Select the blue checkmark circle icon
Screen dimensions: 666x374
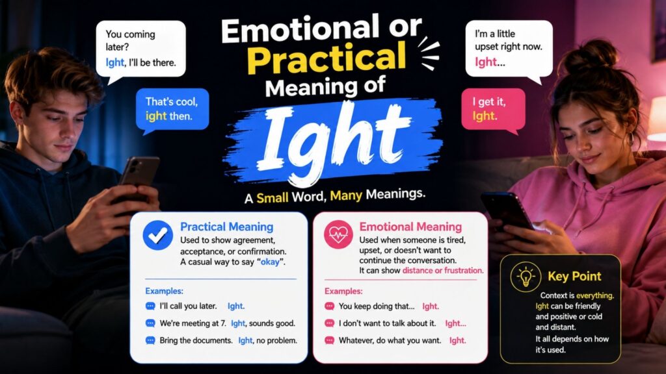click(x=157, y=235)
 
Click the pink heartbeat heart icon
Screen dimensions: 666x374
click(x=338, y=234)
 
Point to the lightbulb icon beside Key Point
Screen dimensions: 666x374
click(x=526, y=277)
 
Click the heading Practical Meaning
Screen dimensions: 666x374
click(x=227, y=227)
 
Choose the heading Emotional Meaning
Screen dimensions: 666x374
click(x=410, y=227)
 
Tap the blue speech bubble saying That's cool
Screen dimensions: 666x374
click(x=172, y=110)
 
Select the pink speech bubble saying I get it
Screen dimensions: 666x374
click(x=493, y=110)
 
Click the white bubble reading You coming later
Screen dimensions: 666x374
click(x=140, y=49)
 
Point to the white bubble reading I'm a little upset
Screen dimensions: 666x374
click(x=509, y=49)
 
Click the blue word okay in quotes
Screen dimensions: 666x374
click(x=270, y=262)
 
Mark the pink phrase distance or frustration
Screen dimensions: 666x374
click(x=442, y=271)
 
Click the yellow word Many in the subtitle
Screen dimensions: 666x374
click(x=346, y=195)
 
